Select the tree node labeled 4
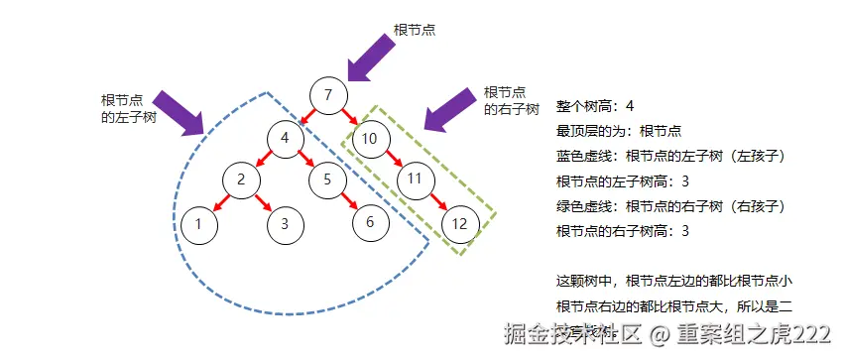point(285,138)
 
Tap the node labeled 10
point(369,138)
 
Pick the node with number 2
point(240,180)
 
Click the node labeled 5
point(326,180)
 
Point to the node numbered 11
point(416,180)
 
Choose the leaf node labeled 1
point(198,223)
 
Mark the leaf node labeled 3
point(284,223)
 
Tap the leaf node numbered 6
point(370,221)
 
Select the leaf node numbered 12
point(459,223)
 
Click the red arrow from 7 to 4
point(305,117)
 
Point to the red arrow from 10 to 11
point(393,159)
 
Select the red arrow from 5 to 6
point(348,201)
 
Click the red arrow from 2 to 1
point(219,202)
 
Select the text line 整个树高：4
point(594,106)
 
